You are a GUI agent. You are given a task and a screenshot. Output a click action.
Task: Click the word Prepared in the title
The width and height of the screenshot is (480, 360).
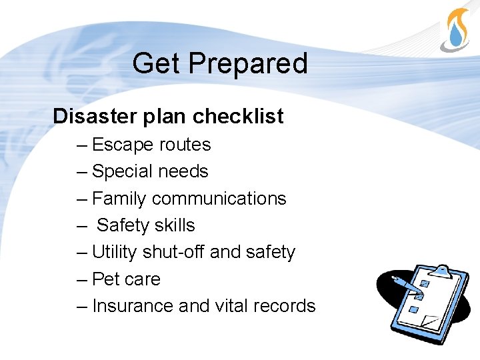(247, 64)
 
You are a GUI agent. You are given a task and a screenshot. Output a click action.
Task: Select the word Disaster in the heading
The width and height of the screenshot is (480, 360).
(95, 117)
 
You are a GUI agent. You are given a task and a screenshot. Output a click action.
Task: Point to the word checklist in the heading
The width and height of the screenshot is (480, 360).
(238, 117)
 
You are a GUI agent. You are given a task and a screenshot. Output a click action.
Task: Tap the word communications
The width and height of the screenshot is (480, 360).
(219, 199)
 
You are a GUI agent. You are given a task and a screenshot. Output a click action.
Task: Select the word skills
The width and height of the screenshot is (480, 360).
(175, 225)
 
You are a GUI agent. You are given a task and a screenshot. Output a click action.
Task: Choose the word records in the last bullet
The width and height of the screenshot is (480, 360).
(285, 306)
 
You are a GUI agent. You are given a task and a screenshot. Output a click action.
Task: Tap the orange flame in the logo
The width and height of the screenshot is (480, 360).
(455, 17)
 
